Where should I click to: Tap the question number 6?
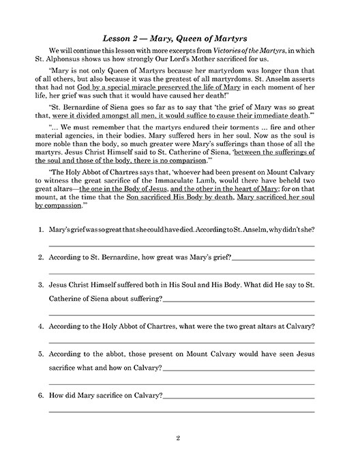pyautogui.click(x=41, y=395)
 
